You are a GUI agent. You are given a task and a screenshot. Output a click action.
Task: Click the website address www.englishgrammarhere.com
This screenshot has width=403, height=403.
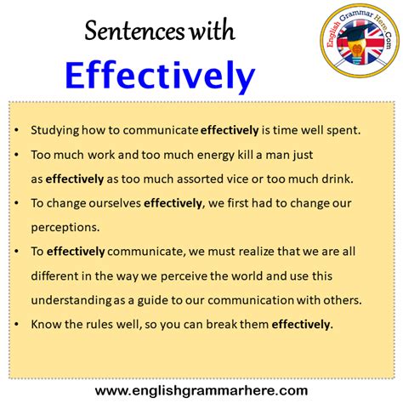coord(201,389)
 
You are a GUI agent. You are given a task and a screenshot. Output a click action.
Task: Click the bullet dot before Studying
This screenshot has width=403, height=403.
coord(18,132)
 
